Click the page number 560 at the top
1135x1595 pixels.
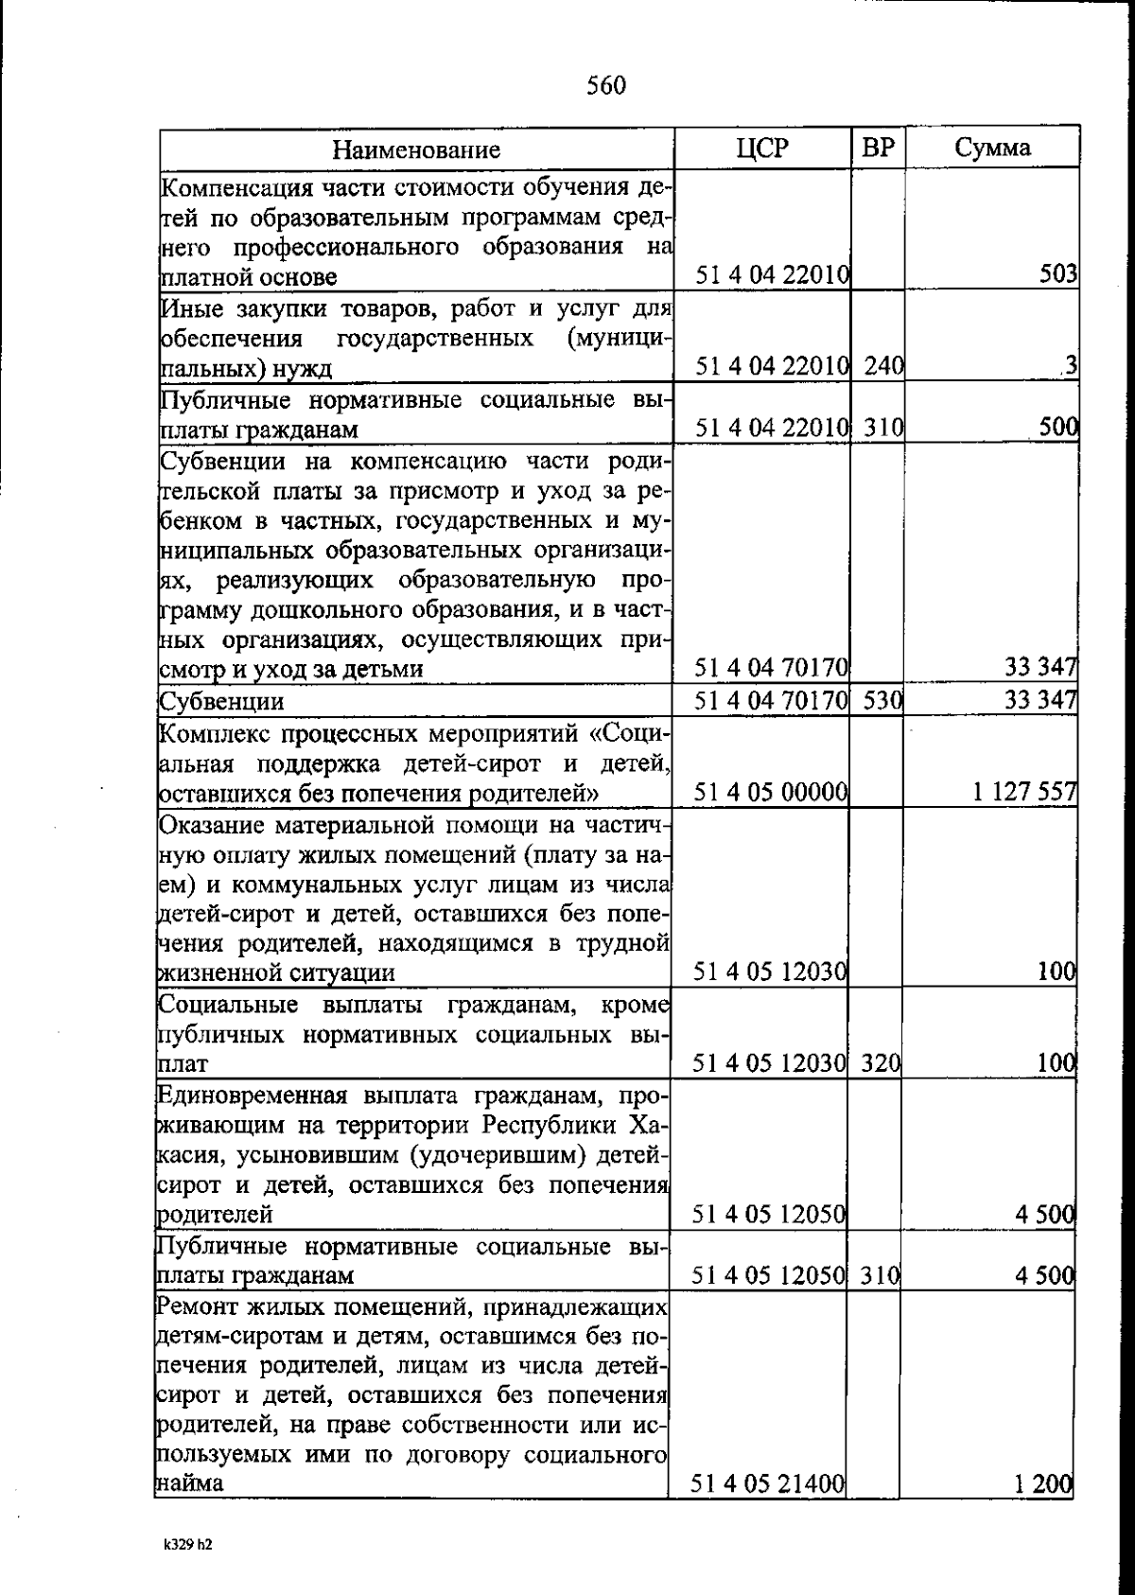click(x=605, y=86)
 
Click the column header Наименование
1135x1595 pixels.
click(x=416, y=149)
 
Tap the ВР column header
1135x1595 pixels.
click(x=879, y=149)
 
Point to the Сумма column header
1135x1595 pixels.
click(x=992, y=149)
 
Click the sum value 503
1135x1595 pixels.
click(x=1058, y=275)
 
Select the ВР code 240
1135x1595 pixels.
click(x=883, y=366)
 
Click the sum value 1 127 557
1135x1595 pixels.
click(x=1024, y=792)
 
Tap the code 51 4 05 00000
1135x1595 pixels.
click(x=770, y=792)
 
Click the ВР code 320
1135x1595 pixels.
click(x=881, y=1063)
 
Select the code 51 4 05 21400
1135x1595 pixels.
click(x=768, y=1484)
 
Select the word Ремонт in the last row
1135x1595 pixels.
click(x=201, y=1307)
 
